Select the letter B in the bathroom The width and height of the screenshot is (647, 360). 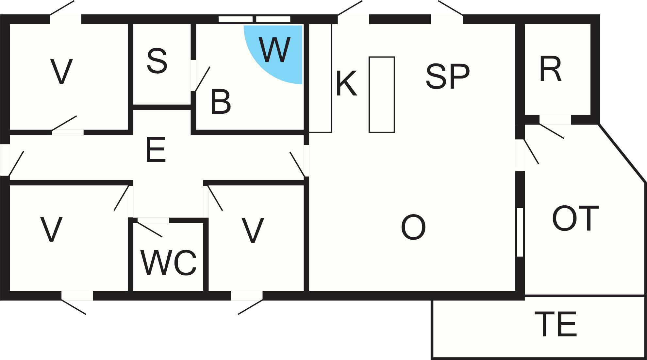(x=221, y=102)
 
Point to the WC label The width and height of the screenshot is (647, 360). (x=169, y=263)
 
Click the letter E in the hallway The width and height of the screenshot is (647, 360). (x=156, y=150)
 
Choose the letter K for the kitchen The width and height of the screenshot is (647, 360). (x=346, y=84)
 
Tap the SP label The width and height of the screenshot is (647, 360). (x=448, y=76)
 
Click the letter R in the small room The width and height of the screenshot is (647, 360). (x=550, y=69)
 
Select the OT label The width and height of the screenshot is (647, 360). (x=575, y=218)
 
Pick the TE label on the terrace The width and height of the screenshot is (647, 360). (x=556, y=324)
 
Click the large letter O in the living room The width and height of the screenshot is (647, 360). (x=413, y=228)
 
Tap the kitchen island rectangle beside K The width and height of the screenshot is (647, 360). (x=382, y=95)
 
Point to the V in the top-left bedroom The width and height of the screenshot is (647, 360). (x=61, y=72)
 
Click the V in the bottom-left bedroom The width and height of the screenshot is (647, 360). (x=51, y=229)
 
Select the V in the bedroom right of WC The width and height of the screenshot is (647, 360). (x=253, y=231)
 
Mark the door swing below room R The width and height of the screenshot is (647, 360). (x=552, y=131)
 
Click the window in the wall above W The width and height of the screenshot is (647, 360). (x=254, y=19)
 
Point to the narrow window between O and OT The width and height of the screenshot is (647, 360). (x=520, y=232)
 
